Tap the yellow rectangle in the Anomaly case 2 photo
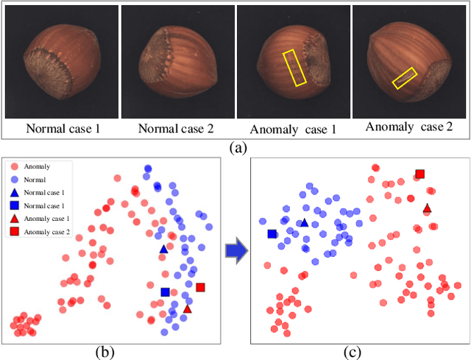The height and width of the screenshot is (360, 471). tap(405, 77)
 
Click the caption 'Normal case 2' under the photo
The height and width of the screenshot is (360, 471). tap(177, 128)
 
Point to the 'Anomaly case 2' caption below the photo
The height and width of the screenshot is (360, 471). tap(408, 127)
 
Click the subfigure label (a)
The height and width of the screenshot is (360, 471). tap(238, 147)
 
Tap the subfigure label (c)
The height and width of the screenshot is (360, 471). tap(355, 352)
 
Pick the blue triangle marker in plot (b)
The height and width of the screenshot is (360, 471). tap(163, 250)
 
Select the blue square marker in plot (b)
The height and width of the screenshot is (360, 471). tap(166, 292)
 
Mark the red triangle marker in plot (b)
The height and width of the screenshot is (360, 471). tap(187, 309)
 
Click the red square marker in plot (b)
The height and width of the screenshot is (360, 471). tap(200, 287)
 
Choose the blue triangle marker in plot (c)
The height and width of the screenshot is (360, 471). tap(304, 222)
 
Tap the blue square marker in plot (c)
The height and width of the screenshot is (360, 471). tap(272, 234)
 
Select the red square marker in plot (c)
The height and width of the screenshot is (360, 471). tap(419, 174)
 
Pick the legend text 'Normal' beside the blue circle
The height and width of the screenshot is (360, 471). tap(35, 180)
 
